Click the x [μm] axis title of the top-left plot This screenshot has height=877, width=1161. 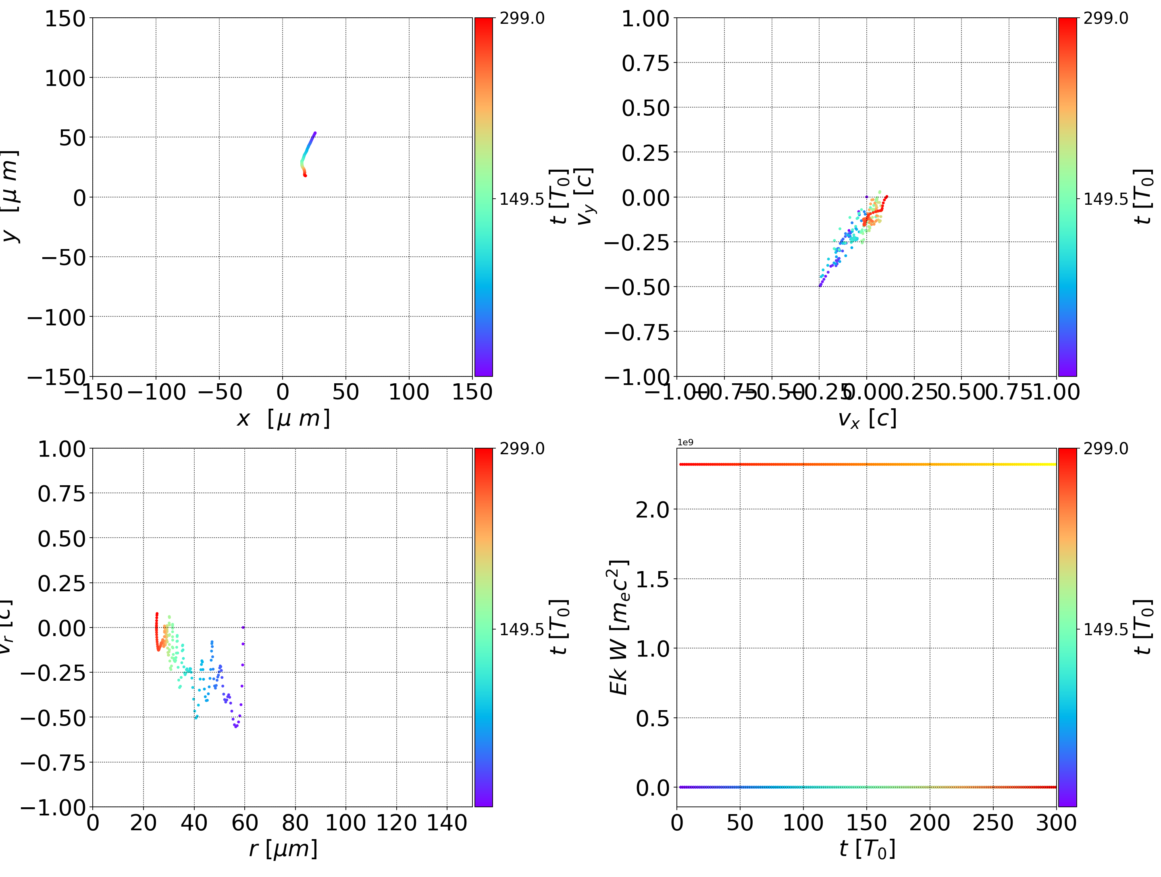(283, 419)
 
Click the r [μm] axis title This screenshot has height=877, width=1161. (283, 849)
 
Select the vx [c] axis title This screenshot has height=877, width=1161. (867, 419)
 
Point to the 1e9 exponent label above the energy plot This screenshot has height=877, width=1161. (685, 443)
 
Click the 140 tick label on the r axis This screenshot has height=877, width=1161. (447, 823)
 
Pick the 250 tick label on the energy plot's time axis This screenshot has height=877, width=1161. (993, 823)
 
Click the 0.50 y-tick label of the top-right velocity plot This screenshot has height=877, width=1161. (645, 108)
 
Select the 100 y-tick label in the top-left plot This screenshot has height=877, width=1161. (64, 78)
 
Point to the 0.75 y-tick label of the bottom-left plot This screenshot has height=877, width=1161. (61, 494)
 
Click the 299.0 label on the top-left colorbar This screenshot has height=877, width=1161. (522, 19)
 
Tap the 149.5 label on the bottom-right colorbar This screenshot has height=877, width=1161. (1105, 629)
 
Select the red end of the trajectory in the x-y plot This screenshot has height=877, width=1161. (305, 175)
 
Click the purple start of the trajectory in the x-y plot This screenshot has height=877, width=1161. (315, 133)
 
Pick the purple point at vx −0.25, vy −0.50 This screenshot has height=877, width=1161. (820, 285)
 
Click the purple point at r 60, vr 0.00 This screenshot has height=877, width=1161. (243, 627)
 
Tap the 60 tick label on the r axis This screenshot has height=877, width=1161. (245, 823)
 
